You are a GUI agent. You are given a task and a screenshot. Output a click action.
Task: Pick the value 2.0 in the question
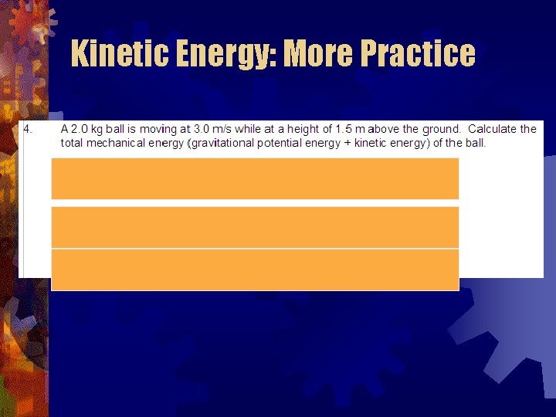coord(80,129)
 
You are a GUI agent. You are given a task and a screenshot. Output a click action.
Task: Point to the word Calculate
coord(494,129)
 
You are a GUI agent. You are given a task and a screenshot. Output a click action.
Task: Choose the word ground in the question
coord(440,129)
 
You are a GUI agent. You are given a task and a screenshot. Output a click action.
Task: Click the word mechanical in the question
coord(126,143)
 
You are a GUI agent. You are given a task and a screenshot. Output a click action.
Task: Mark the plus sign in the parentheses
coord(345,143)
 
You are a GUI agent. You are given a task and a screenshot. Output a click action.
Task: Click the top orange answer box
coord(255,178)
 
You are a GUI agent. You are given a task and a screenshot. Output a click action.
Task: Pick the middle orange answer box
coord(255,226)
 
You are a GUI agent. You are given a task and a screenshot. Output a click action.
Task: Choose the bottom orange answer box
coord(255,270)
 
